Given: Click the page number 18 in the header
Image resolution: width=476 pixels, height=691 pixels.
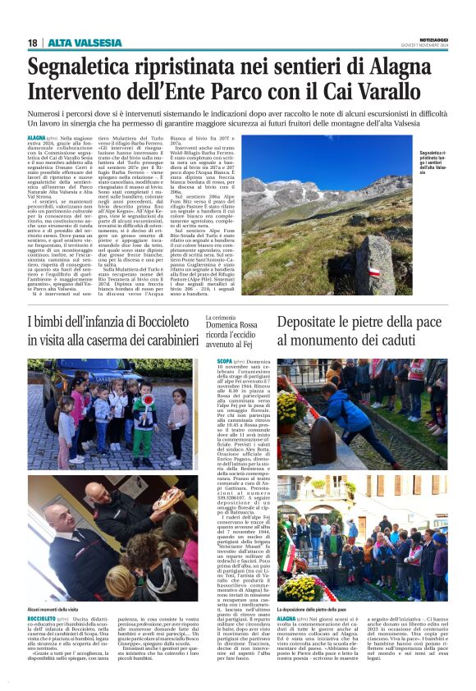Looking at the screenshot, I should point(33,43).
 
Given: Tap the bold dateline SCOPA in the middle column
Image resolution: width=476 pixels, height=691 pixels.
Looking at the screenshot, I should point(224,360).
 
